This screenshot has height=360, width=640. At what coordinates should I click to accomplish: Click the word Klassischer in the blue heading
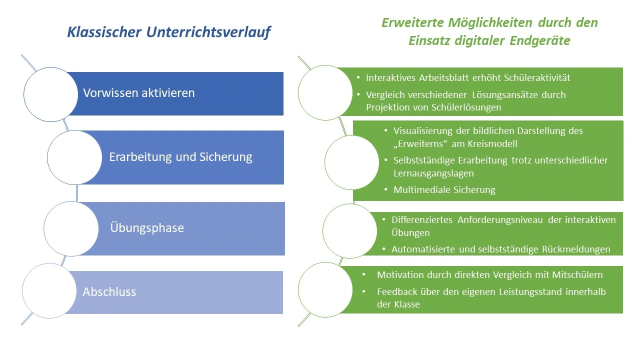pos(104,32)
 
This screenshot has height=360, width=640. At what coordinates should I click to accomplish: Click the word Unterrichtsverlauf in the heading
pos(208,32)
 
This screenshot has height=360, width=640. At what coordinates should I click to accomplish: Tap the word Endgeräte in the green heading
pos(540,41)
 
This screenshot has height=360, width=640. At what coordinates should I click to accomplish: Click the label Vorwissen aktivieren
pos(139,93)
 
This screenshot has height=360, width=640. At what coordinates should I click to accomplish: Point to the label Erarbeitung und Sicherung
pos(180,157)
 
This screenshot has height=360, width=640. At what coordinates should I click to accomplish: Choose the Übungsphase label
pos(147,227)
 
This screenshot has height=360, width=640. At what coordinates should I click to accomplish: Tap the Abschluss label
pos(109,291)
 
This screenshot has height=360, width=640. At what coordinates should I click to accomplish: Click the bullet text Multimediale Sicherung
pos(444,190)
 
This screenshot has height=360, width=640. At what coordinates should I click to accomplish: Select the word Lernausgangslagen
pos(433,173)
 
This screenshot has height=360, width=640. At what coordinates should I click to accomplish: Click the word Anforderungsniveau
pos(500,220)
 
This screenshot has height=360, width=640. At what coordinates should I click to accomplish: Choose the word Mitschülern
pos(577,275)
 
